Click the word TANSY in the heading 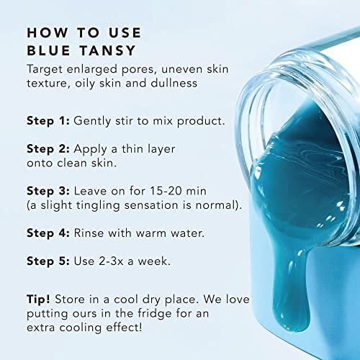coord(107,50)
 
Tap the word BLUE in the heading coord(49,50)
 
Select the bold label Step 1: coord(48,121)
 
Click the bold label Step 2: coord(48,149)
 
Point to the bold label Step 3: coord(48,192)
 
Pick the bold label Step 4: coord(48,233)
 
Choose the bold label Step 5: coord(48,261)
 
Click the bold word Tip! coord(38,300)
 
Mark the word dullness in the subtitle coord(174,83)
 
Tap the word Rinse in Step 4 coord(89,233)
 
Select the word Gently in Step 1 coord(92,121)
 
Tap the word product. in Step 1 coord(201,121)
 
